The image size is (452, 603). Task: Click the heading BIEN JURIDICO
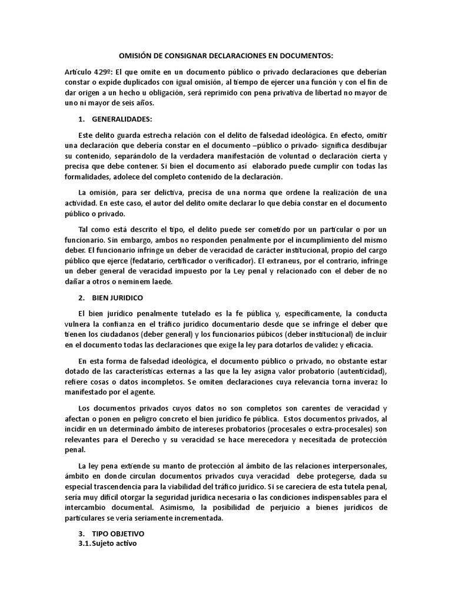point(118,297)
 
